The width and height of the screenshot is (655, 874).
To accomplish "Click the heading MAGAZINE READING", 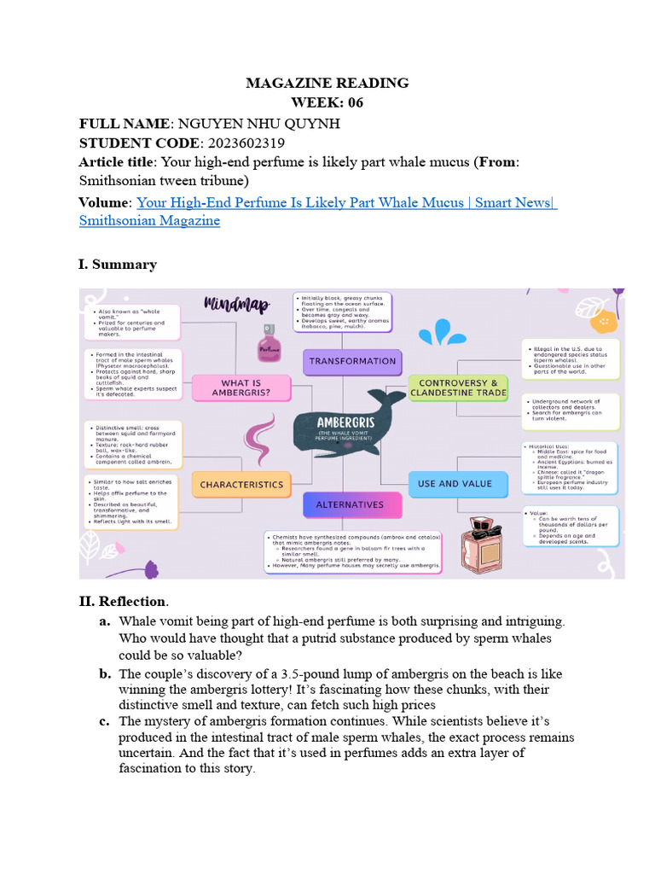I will tap(327, 83).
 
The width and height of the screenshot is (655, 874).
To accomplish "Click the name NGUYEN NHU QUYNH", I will tap(258, 123).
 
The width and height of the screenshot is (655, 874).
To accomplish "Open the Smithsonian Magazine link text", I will tap(149, 220).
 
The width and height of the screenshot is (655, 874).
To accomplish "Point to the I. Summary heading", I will tap(118, 264).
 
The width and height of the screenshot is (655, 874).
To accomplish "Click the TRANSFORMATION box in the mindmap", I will tap(352, 361).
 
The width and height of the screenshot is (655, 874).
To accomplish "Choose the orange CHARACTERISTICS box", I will tap(241, 484).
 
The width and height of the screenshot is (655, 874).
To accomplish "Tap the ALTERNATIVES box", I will tap(350, 504).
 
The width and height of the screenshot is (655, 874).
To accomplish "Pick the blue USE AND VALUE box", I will tap(455, 483).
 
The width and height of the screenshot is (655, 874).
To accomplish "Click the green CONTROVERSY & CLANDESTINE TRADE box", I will tap(459, 388).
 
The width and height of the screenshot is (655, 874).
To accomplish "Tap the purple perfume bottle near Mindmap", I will tap(269, 345).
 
